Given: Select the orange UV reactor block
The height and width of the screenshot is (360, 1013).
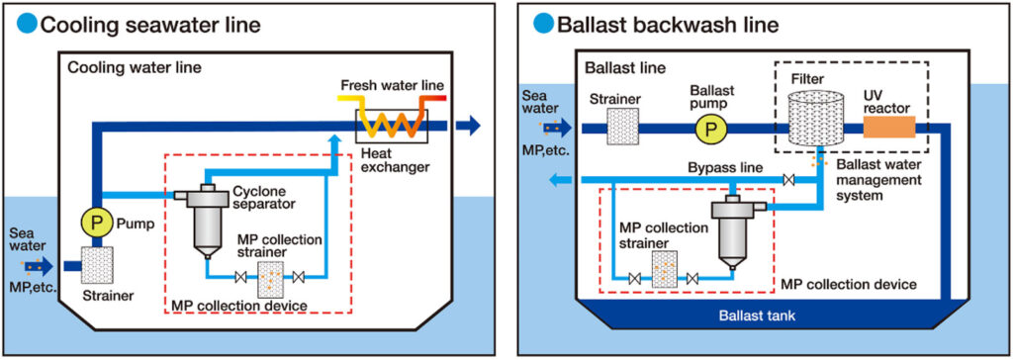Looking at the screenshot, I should [x=889, y=128].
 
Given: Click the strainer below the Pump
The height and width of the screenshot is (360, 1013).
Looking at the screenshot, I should [x=97, y=267].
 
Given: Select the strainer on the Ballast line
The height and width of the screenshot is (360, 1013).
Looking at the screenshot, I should [x=619, y=129].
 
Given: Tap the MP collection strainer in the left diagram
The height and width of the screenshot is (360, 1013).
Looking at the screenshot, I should [x=269, y=280].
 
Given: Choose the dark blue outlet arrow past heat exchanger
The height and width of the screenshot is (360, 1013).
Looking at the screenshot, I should [x=469, y=125].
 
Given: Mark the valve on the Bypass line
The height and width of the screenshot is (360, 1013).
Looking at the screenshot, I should [x=787, y=180].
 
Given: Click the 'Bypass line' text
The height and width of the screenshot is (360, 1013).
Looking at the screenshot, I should [x=724, y=167].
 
